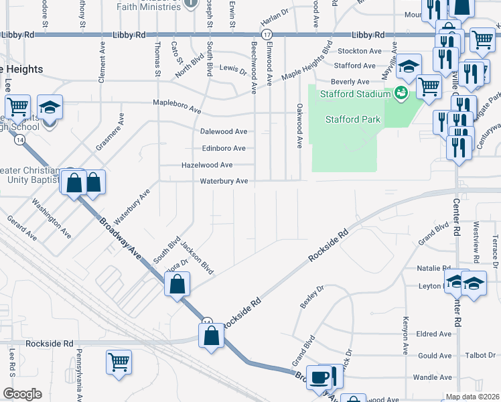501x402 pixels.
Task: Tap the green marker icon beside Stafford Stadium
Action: [402, 92]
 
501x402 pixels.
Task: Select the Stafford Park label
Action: [353, 120]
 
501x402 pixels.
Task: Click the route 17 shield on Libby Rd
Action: [267, 34]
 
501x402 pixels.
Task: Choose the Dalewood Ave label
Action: [224, 131]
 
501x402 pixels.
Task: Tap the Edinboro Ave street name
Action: [224, 148]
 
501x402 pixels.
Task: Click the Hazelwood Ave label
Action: [207, 165]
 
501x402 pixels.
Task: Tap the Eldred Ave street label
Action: [434, 334]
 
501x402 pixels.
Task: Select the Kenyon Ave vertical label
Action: [405, 335]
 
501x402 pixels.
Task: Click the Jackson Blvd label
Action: [198, 259]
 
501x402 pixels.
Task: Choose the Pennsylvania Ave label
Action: [78, 375]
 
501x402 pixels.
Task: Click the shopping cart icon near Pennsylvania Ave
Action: [119, 362]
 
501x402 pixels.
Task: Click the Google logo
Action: [22, 394]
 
